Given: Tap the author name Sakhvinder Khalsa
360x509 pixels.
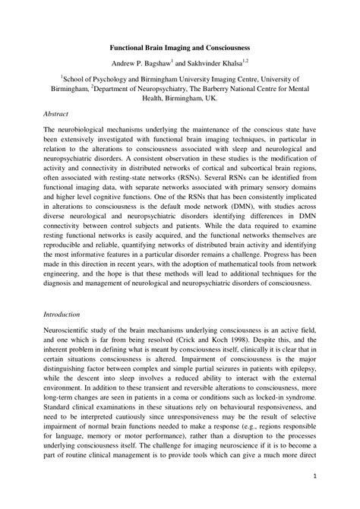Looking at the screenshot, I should tap(223, 62).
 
